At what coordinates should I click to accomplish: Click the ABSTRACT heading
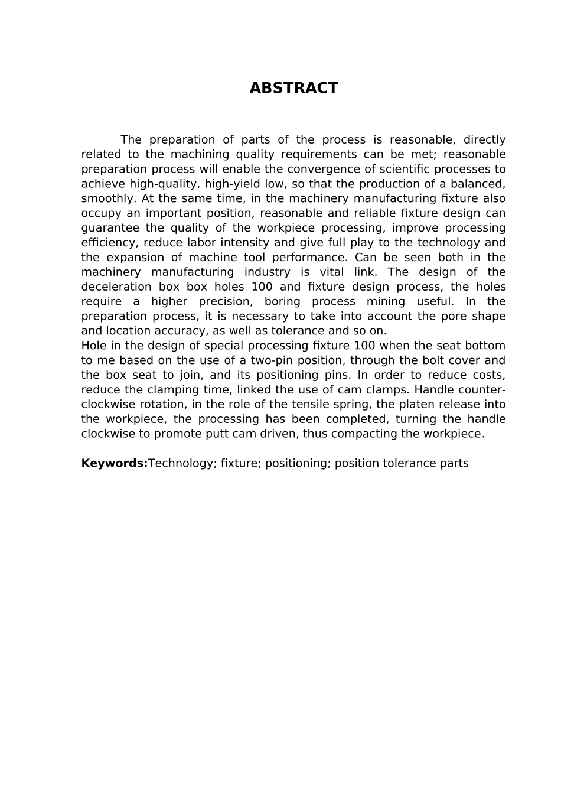(293, 88)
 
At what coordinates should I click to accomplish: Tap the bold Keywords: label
(114, 463)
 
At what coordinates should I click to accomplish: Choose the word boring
(282, 301)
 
